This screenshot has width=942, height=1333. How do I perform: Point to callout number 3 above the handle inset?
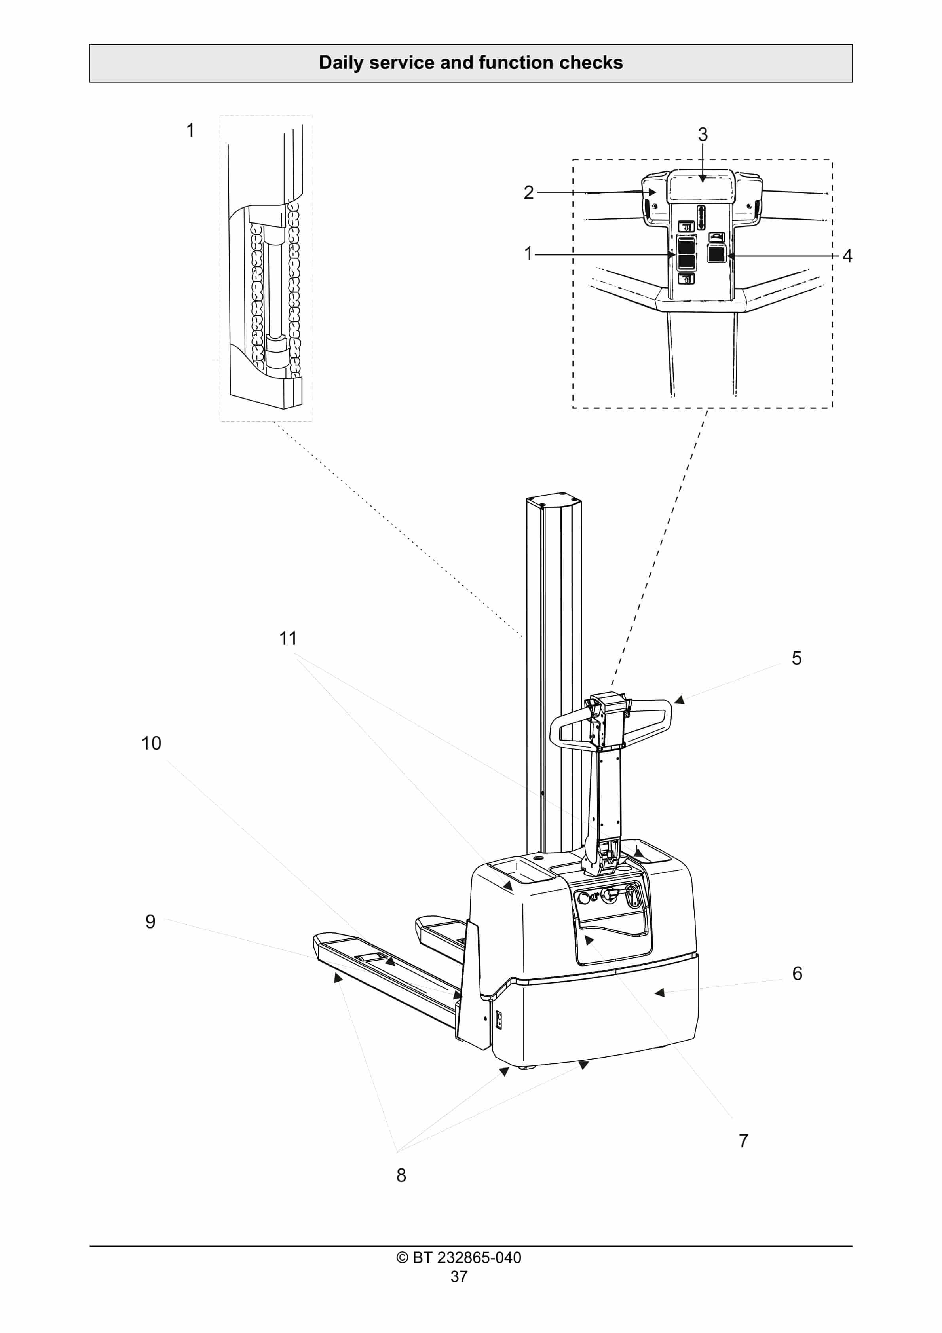[x=703, y=135]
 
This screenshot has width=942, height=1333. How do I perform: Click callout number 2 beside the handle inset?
[x=528, y=193]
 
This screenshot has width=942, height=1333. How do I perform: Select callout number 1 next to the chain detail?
[x=190, y=130]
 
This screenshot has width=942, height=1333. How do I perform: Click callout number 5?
[x=797, y=658]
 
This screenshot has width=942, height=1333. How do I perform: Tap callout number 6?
[x=798, y=973]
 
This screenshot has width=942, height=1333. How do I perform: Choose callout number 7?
[x=743, y=1140]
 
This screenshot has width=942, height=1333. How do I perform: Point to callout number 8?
[x=401, y=1175]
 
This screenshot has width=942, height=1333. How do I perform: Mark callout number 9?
[x=150, y=921]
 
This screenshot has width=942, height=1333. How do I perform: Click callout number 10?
[x=152, y=743]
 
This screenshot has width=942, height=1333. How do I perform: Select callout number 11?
[x=288, y=639]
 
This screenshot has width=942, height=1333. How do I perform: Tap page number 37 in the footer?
[x=459, y=1277]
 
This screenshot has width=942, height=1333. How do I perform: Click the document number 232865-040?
[x=479, y=1257]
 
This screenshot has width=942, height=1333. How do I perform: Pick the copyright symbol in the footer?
[x=402, y=1257]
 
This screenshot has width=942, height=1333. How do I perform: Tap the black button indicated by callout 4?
[x=717, y=254]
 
